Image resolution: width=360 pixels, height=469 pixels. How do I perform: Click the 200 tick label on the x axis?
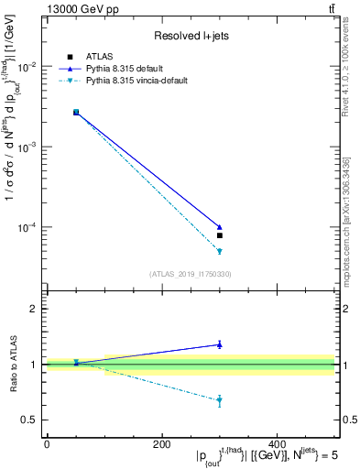(162, 443)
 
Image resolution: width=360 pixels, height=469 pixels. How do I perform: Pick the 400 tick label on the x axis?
(278, 443)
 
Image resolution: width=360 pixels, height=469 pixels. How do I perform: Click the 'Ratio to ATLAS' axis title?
(12, 365)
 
